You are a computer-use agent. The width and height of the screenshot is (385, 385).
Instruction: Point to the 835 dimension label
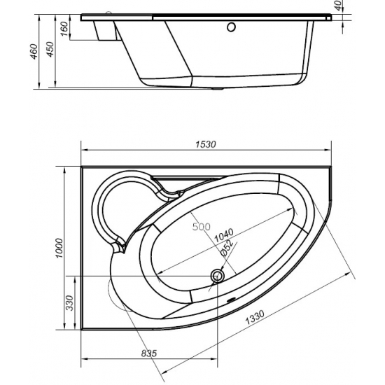146,353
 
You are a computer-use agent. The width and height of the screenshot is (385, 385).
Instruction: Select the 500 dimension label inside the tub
201,227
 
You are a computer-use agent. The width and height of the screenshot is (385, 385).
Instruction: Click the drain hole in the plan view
216,277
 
